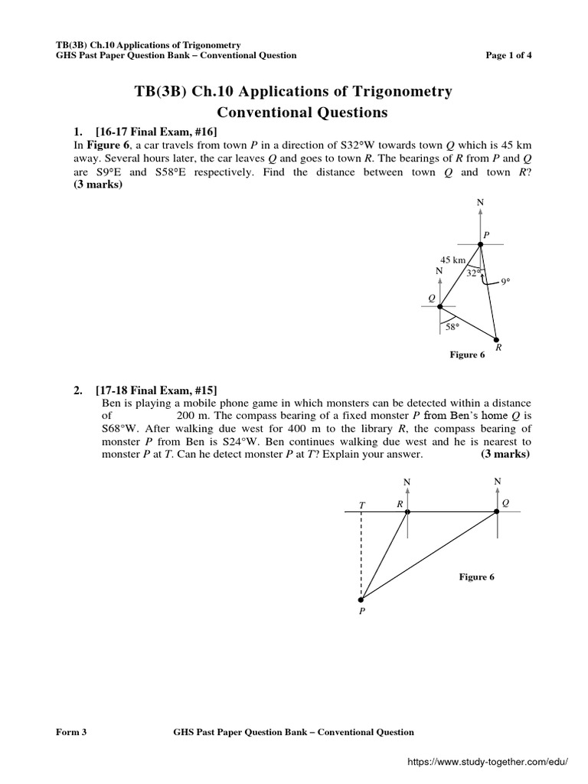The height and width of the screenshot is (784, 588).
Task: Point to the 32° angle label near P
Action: coord(473,273)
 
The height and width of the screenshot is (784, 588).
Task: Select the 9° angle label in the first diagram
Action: coord(505,282)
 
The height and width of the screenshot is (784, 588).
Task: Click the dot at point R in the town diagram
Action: coord(496,340)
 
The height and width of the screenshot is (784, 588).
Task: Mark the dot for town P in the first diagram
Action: coord(481,244)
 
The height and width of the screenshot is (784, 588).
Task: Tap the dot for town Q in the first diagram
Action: coord(440,306)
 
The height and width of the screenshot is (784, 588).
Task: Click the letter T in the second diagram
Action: coord(363,505)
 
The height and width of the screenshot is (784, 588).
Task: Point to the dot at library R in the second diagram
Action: coord(407,512)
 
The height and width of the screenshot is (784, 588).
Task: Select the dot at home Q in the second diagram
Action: coord(497,512)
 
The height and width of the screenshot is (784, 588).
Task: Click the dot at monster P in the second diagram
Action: coord(361,599)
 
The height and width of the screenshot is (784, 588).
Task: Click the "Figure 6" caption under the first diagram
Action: coord(467,355)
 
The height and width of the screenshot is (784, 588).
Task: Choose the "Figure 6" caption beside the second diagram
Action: coord(477,577)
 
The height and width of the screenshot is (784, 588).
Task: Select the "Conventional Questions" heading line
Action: coord(293,113)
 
